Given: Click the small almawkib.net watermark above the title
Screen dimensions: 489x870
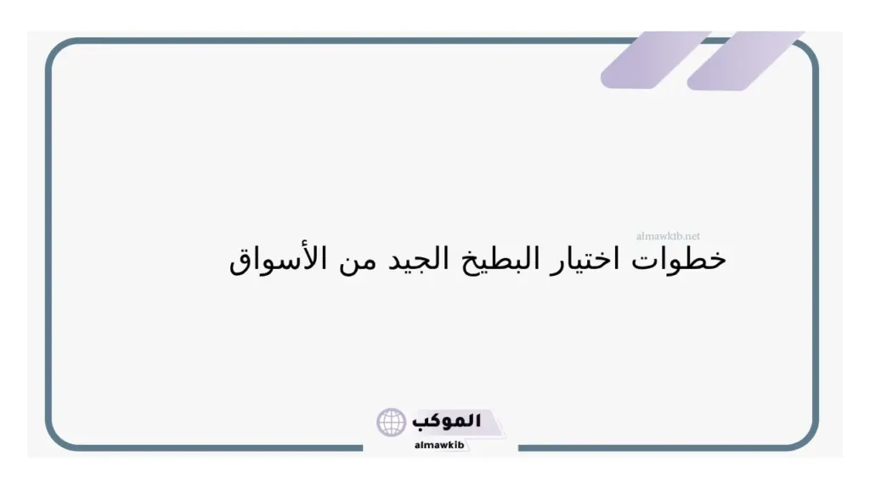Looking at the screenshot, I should (668, 237).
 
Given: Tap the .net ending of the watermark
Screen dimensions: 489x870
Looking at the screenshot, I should (692, 237).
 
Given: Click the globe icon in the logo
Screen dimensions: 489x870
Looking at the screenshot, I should (392, 422).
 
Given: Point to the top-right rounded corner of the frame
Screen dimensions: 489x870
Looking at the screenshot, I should (807, 53).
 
